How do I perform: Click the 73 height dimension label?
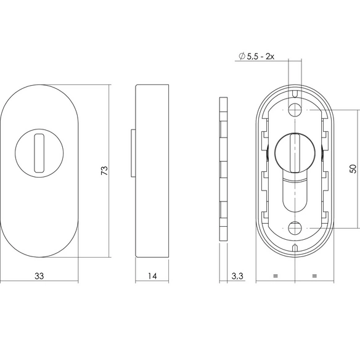[x=104, y=170]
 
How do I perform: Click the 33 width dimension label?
[x=39, y=276]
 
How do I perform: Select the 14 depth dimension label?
[x=152, y=276]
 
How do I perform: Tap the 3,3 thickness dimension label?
[x=237, y=276]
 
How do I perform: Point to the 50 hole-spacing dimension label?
[x=353, y=169]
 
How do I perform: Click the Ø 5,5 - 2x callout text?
[x=256, y=56]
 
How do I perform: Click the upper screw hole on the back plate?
[x=295, y=110]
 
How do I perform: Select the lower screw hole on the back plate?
[x=295, y=228]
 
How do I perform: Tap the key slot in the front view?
[x=39, y=153]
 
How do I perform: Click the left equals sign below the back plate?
[x=276, y=276]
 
